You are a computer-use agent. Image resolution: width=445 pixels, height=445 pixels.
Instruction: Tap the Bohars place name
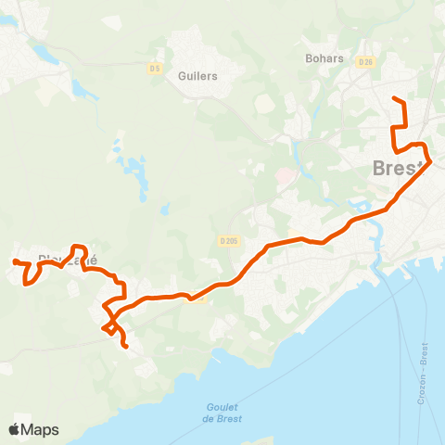pos(324,57)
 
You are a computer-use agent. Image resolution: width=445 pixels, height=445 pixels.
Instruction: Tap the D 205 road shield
pos(229,240)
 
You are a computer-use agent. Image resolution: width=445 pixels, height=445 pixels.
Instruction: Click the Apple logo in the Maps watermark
pos(15,429)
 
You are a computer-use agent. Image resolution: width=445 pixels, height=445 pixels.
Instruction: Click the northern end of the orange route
pos(394,98)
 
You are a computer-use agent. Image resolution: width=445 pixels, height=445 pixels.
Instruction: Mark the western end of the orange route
pos(14,262)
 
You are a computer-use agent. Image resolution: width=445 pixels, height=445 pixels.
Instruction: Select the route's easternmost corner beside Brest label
pos(429,163)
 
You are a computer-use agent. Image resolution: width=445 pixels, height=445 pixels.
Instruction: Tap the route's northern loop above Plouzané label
pos(79,248)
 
